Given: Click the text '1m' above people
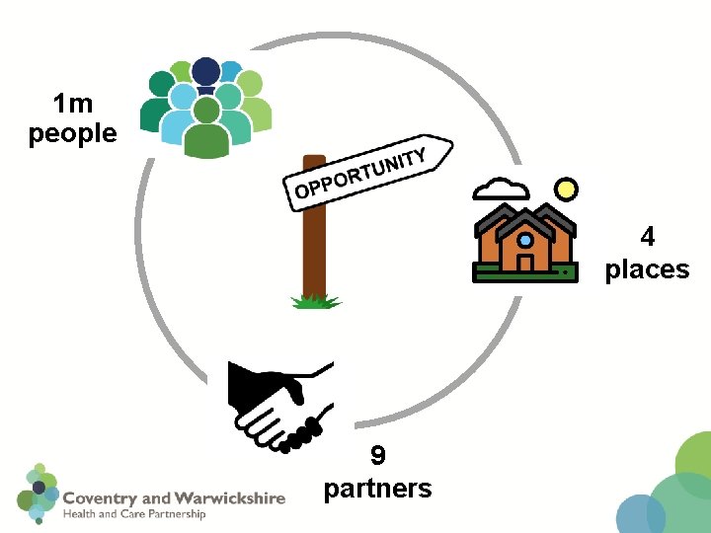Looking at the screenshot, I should point(73,103).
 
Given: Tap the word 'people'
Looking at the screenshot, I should point(73,133).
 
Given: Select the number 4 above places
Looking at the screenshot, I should point(648,237).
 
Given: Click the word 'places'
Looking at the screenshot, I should point(648,268).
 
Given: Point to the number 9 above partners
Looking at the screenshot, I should point(378,455).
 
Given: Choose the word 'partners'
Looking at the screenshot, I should point(378,488).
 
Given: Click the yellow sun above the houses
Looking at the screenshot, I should point(565,188).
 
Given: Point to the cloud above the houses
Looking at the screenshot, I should point(501,187).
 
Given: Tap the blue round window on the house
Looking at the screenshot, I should point(525,240).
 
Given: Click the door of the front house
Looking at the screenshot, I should point(525,264).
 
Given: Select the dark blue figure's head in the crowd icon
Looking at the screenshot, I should point(206,70).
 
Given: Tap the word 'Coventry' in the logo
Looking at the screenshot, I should point(103,498).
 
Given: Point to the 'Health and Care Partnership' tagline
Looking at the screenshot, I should point(134,514).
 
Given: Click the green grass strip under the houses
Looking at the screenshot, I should point(524,276).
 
